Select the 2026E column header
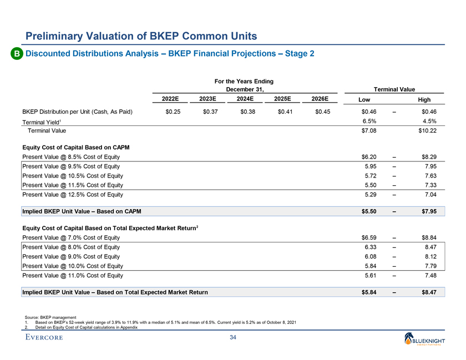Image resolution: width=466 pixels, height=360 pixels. (x=320, y=99)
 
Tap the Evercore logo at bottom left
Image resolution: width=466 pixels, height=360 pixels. (x=43, y=338)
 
